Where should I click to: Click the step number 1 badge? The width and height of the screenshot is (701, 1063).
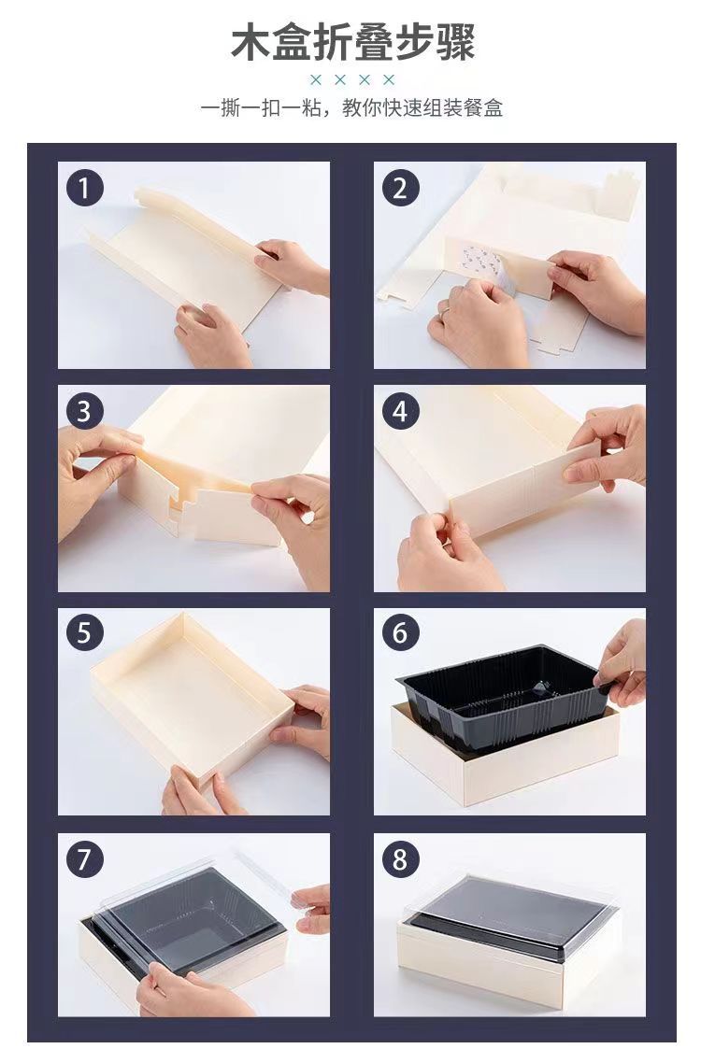click(84, 188)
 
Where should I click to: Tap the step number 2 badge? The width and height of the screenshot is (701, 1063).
click(400, 188)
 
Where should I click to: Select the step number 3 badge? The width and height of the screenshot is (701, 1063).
click(84, 411)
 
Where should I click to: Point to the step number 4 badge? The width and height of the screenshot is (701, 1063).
click(400, 411)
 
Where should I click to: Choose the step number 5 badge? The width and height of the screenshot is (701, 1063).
click(84, 632)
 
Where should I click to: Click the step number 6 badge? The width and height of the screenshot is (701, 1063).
click(400, 632)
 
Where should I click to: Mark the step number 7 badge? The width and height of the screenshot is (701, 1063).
click(84, 859)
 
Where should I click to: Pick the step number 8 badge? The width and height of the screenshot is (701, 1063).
click(400, 859)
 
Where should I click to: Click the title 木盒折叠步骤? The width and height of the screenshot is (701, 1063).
click(352, 42)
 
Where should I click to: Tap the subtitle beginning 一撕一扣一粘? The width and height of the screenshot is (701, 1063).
click(351, 107)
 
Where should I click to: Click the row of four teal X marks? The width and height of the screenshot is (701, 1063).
click(351, 80)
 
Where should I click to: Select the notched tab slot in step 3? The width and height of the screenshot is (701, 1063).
click(183, 505)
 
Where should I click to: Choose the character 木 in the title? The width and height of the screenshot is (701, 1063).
click(250, 42)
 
